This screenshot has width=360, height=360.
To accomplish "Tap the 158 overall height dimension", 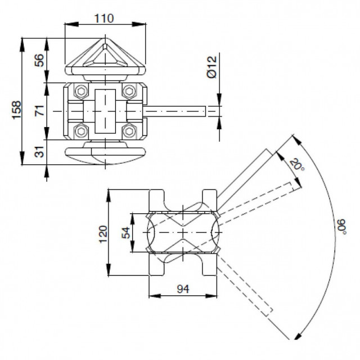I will pyautogui.click(x=16, y=106).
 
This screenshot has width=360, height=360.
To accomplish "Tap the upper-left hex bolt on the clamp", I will pyautogui.click(x=81, y=91).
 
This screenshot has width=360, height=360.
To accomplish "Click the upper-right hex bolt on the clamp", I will pyautogui.click(x=130, y=91).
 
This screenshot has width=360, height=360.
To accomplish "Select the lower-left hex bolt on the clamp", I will pyautogui.click(x=81, y=132).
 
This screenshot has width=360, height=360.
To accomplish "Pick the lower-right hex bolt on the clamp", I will pyautogui.click(x=130, y=132).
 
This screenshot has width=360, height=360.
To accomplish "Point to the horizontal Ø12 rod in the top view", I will pyautogui.click(x=180, y=111).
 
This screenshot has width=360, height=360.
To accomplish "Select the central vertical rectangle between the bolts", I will pyautogui.click(x=105, y=111).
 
